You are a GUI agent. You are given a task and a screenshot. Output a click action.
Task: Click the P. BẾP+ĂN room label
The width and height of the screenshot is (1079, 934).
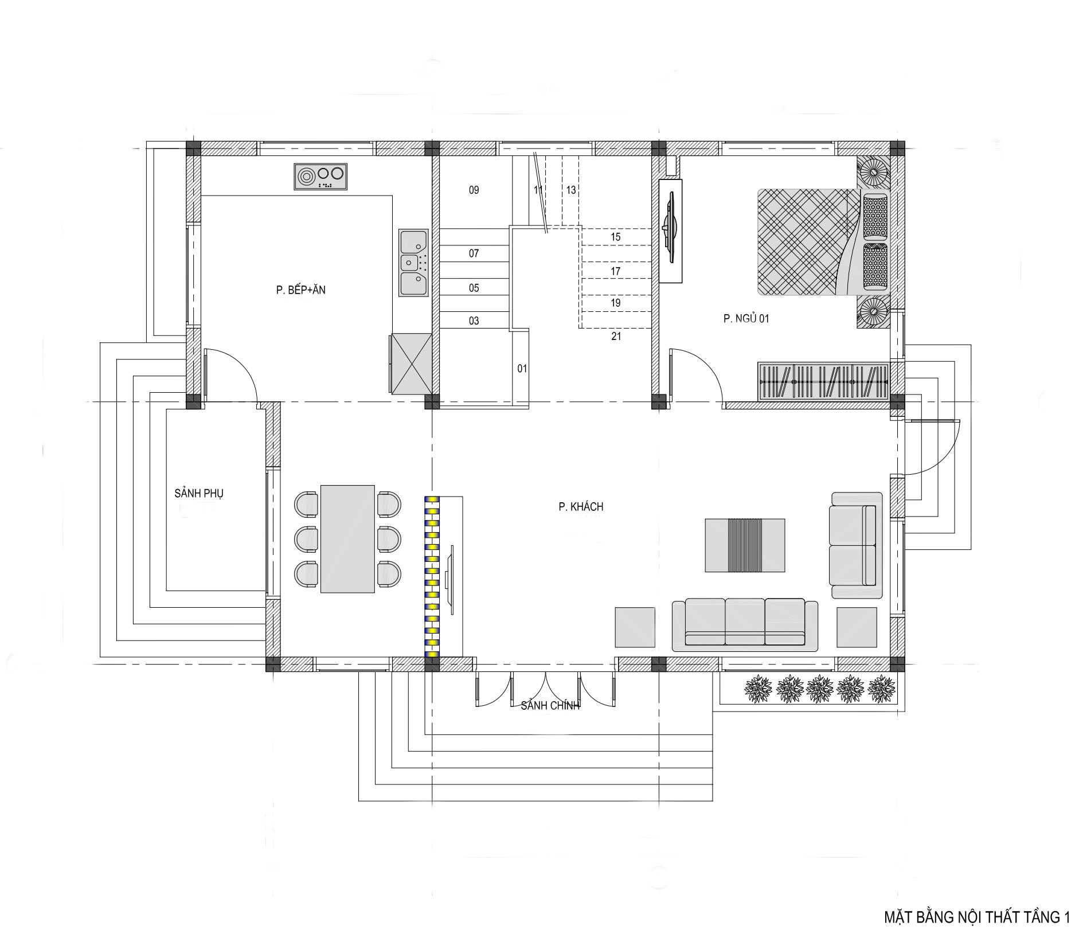300,290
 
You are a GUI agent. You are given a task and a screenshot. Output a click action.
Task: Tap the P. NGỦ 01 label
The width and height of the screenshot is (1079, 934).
746,319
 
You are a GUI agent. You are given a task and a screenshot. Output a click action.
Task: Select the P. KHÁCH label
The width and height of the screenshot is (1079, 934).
581,507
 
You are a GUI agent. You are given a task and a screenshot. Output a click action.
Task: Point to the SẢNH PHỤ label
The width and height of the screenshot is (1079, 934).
199,494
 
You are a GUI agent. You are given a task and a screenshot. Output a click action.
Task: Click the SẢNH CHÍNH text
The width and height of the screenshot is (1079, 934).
550,706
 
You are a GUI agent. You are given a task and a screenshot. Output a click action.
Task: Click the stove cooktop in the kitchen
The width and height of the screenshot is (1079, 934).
321,177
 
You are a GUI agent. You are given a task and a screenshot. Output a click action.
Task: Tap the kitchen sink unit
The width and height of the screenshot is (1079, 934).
414,263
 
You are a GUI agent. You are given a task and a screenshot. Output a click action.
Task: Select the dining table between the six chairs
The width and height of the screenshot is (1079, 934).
348,539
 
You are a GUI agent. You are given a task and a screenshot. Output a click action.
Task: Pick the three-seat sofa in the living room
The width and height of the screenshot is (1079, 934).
745,625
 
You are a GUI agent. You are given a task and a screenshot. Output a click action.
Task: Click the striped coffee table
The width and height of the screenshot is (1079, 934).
745,545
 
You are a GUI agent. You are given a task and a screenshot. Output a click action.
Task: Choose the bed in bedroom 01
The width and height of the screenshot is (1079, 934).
824,242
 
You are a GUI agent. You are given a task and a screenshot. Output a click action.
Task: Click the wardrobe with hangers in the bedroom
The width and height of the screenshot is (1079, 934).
823,381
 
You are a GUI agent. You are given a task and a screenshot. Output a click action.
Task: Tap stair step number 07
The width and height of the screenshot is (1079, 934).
474,253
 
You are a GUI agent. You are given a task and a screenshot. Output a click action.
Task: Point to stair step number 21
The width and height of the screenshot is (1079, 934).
616,337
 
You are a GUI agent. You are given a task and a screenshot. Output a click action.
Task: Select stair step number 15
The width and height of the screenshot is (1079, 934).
616,237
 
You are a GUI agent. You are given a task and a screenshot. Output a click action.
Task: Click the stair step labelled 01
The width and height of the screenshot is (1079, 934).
522,369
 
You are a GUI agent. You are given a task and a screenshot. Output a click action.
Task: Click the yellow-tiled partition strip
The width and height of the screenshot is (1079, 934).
432,576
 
